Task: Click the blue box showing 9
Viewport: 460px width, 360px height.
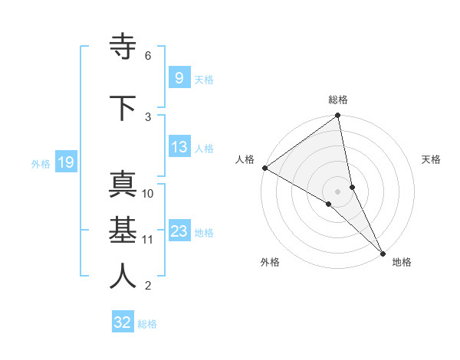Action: click(x=179, y=78)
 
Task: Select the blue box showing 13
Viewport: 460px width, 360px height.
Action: click(x=179, y=147)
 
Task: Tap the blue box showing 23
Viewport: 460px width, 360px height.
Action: click(x=179, y=231)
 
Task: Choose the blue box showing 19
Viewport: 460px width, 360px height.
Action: click(x=65, y=162)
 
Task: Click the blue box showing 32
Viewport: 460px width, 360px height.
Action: click(x=123, y=322)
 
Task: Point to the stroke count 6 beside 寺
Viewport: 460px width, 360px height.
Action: click(x=148, y=56)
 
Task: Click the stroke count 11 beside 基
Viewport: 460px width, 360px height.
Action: click(x=148, y=240)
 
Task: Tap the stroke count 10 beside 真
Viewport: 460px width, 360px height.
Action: click(x=148, y=194)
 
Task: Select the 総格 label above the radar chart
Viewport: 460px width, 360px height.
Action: click(x=338, y=100)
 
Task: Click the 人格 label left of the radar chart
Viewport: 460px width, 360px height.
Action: click(x=245, y=159)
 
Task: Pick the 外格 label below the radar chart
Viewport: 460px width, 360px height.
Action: click(x=270, y=262)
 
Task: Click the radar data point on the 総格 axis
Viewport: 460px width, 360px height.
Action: click(x=338, y=116)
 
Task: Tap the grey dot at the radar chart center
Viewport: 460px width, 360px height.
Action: click(x=338, y=191)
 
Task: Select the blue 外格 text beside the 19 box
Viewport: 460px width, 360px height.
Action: click(x=41, y=163)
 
